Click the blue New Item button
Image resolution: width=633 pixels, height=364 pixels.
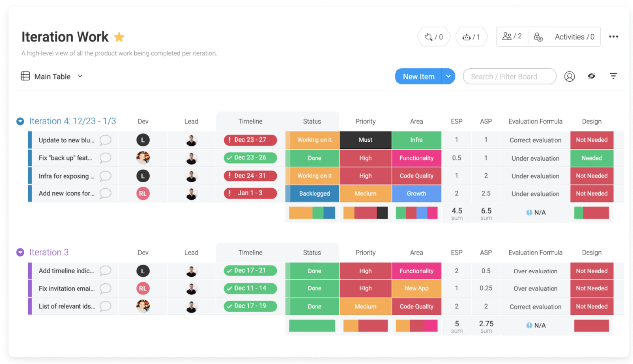(418, 77)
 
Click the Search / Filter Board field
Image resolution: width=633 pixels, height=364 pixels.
(509, 77)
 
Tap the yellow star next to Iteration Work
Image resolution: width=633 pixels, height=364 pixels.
(119, 37)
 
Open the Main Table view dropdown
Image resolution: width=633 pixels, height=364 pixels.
(80, 76)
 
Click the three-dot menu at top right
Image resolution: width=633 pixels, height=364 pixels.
(613, 37)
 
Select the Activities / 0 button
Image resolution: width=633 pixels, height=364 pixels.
(574, 37)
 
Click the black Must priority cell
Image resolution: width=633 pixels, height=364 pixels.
(365, 140)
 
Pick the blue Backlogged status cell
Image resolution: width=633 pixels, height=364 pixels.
(314, 194)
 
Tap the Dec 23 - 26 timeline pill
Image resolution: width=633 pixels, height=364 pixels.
(250, 158)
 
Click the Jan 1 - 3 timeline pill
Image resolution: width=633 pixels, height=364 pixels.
(250, 193)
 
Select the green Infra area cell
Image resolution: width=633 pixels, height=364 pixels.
(416, 140)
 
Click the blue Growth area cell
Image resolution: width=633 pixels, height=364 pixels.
(416, 194)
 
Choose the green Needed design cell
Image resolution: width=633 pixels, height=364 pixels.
(591, 158)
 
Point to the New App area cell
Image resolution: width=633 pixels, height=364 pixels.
(416, 288)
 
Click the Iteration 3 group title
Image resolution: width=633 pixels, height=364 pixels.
(49, 252)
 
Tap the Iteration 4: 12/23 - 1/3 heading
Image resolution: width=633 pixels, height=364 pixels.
(73, 121)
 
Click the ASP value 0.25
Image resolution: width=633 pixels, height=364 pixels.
(486, 288)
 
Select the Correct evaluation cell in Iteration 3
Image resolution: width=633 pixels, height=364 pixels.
(535, 307)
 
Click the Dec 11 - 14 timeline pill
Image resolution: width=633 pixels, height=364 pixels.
(250, 288)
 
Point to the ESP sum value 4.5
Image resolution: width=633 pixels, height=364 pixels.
(457, 211)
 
